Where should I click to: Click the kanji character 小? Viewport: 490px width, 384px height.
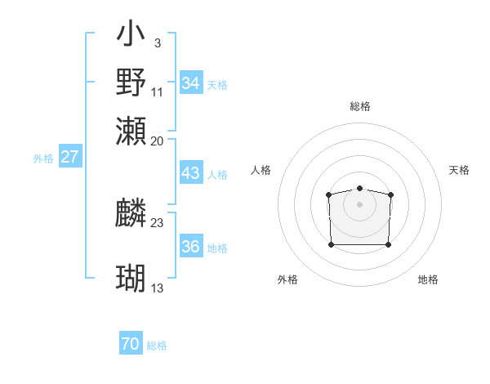[x=131, y=35]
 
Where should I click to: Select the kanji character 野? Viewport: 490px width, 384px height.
[x=131, y=82]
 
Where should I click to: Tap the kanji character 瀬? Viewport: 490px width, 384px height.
[x=131, y=131]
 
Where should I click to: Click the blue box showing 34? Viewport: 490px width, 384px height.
[x=191, y=83]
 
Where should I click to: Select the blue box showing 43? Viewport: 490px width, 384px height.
[x=191, y=173]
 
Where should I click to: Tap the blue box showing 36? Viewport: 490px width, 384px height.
[x=191, y=247]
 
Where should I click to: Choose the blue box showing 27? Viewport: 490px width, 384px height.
[x=69, y=157]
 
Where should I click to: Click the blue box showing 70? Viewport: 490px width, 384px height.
[x=131, y=344]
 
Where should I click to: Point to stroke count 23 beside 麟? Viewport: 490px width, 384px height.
[x=158, y=222]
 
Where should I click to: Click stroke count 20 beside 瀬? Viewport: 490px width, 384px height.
[x=158, y=141]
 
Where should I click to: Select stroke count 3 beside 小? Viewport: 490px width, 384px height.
[x=157, y=42]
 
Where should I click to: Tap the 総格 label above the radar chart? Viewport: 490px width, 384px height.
[x=359, y=106]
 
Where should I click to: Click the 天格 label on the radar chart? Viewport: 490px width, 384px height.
[x=459, y=170]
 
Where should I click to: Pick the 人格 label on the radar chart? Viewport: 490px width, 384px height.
[x=261, y=170]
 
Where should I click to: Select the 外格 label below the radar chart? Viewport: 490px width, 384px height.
[x=287, y=280]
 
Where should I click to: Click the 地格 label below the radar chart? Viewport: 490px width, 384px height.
[x=428, y=280]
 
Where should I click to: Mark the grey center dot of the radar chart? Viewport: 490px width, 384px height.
[x=359, y=203]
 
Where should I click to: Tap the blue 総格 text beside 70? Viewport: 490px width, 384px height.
[x=157, y=346]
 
